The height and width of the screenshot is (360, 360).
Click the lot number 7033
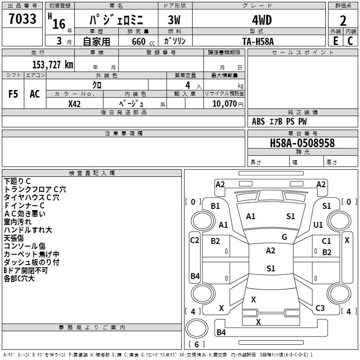pyautogui.click(x=22, y=18)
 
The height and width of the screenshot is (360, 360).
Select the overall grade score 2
pyautogui.click(x=343, y=21)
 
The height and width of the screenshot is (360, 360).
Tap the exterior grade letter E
pyautogui.click(x=336, y=41)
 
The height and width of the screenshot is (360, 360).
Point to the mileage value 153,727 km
pyautogui.click(x=53, y=64)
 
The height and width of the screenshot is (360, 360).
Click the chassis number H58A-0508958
pyautogui.click(x=302, y=143)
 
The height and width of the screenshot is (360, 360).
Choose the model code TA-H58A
pyautogui.click(x=258, y=41)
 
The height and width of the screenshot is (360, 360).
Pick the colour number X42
pyautogui.click(x=74, y=104)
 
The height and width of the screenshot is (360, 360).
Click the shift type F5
pyautogui.click(x=13, y=94)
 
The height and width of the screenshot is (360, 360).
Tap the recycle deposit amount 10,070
pyautogui.click(x=225, y=104)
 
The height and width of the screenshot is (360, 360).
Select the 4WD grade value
pyautogui.click(x=262, y=20)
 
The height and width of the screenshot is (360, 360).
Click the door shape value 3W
pyautogui.click(x=174, y=20)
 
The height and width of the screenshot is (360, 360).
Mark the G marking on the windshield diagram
pyautogui.click(x=284, y=237)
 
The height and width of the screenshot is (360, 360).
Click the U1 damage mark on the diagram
pyautogui.click(x=318, y=225)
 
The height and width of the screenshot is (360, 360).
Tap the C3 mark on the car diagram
pyautogui.click(x=320, y=308)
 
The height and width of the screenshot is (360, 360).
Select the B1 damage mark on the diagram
pyautogui.click(x=216, y=206)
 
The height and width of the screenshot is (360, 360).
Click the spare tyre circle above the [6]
pyautogui.click(x=197, y=328)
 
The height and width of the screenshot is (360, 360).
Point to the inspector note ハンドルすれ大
pyautogui.click(x=28, y=230)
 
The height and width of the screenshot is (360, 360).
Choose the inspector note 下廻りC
pyautogui.click(x=17, y=181)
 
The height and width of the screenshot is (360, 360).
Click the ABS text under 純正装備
pyautogui.click(x=258, y=121)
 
